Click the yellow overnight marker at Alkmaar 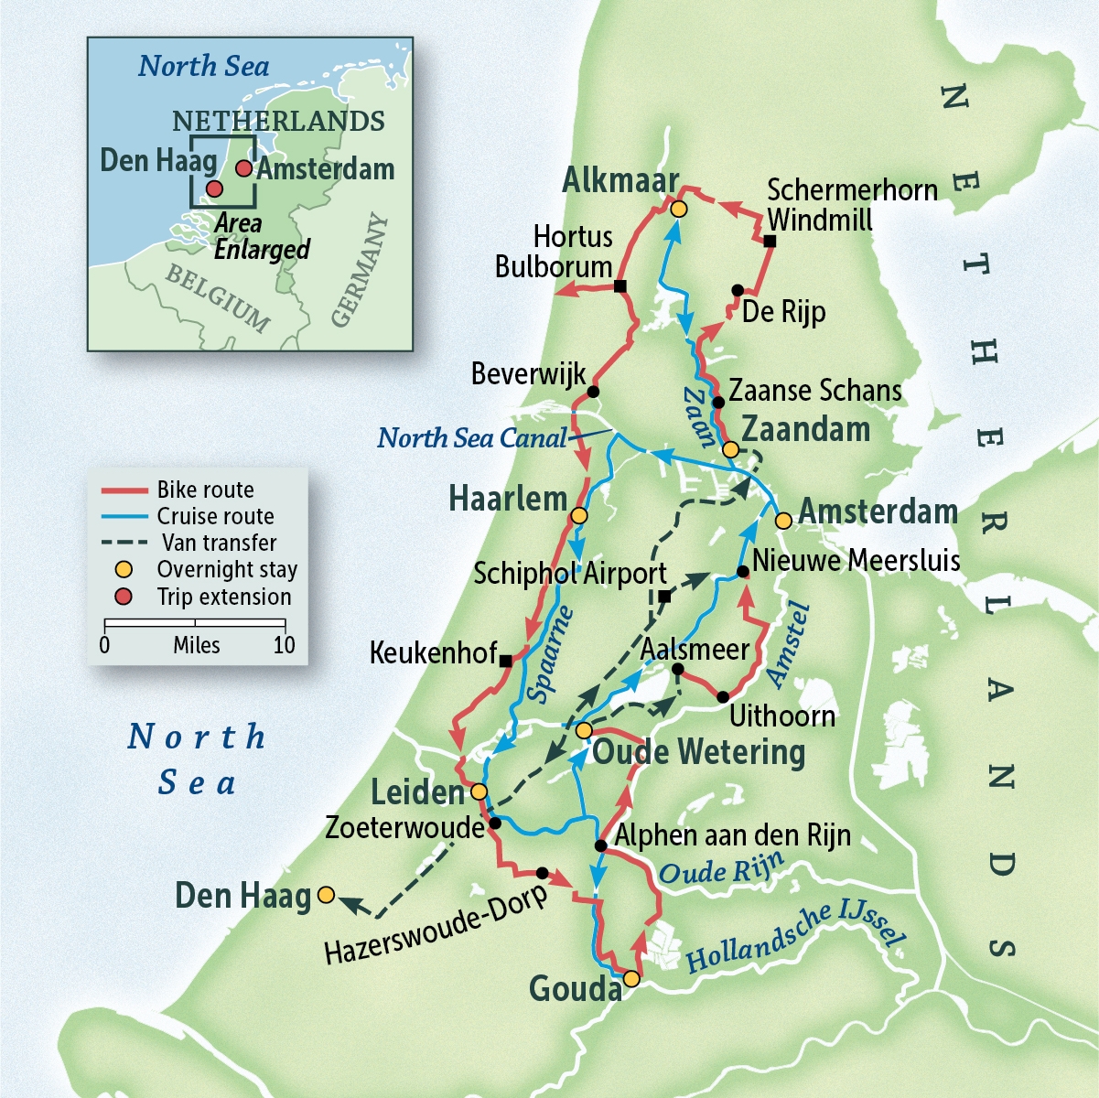(x=678, y=210)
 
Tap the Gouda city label (x=575, y=989)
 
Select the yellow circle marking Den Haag (x=326, y=895)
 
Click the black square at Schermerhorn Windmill (x=770, y=242)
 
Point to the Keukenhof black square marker (x=505, y=660)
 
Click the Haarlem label (x=508, y=500)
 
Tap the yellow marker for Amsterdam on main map (x=783, y=521)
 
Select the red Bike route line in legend (x=124, y=490)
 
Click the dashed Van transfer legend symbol (x=124, y=543)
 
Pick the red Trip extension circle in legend (x=124, y=597)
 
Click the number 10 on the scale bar (x=284, y=645)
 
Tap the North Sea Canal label (x=471, y=438)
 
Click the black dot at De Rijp (x=738, y=290)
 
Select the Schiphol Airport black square (x=665, y=597)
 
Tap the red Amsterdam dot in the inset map (x=243, y=168)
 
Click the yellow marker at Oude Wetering (x=583, y=730)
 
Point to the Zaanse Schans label (x=814, y=391)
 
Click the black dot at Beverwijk (x=592, y=392)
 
